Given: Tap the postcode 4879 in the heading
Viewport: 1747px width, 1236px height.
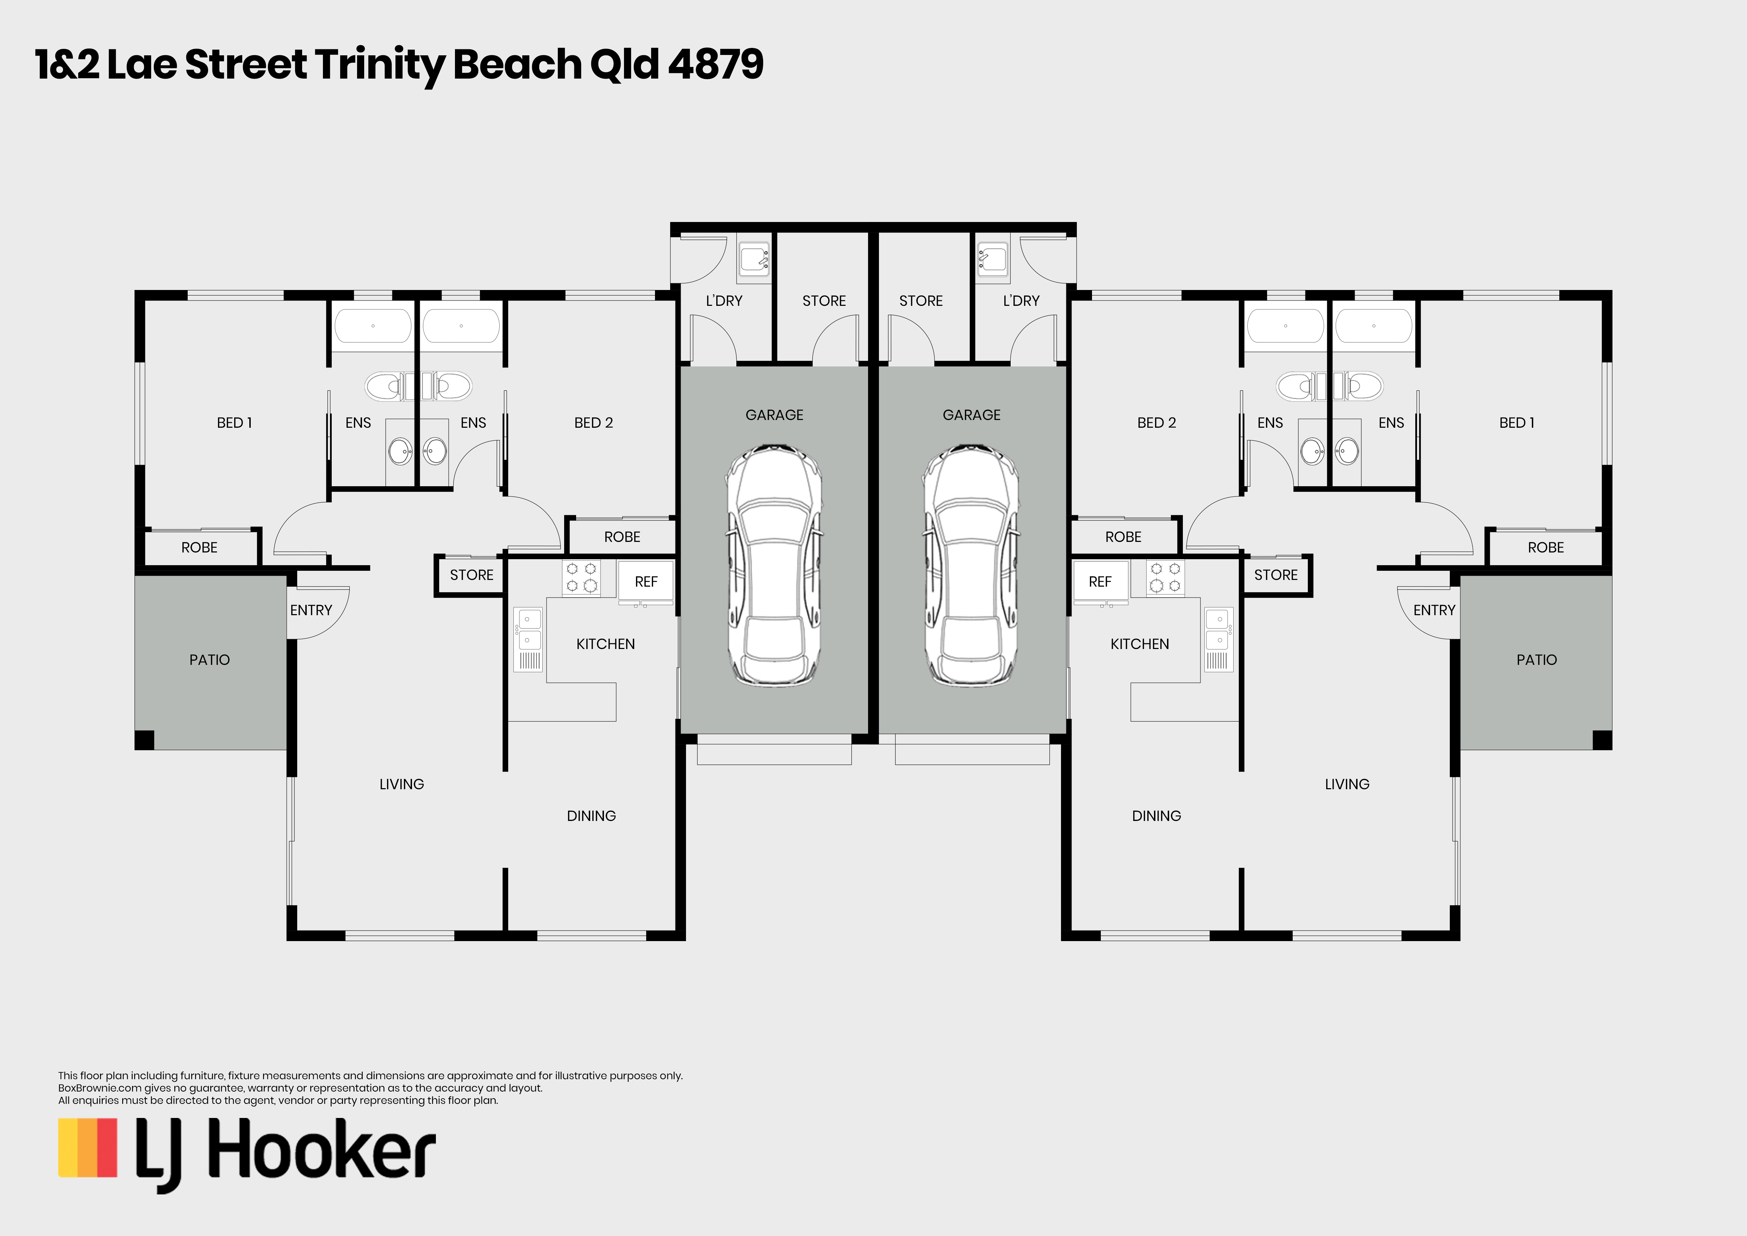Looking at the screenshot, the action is point(715,64).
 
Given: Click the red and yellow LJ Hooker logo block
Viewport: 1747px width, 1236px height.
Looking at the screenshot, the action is point(87,1148).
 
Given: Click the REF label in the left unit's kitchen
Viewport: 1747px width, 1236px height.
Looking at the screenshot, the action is point(646,581).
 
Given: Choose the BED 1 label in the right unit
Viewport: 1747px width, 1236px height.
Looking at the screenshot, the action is point(1516,422).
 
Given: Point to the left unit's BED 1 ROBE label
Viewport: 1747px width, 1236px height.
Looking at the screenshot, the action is point(199,547).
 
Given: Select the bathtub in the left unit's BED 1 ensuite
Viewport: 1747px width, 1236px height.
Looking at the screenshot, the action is point(373,326).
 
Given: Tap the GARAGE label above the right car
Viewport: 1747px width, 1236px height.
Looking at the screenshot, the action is point(972,415).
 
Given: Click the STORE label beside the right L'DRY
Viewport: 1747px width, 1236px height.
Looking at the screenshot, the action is point(921,301).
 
